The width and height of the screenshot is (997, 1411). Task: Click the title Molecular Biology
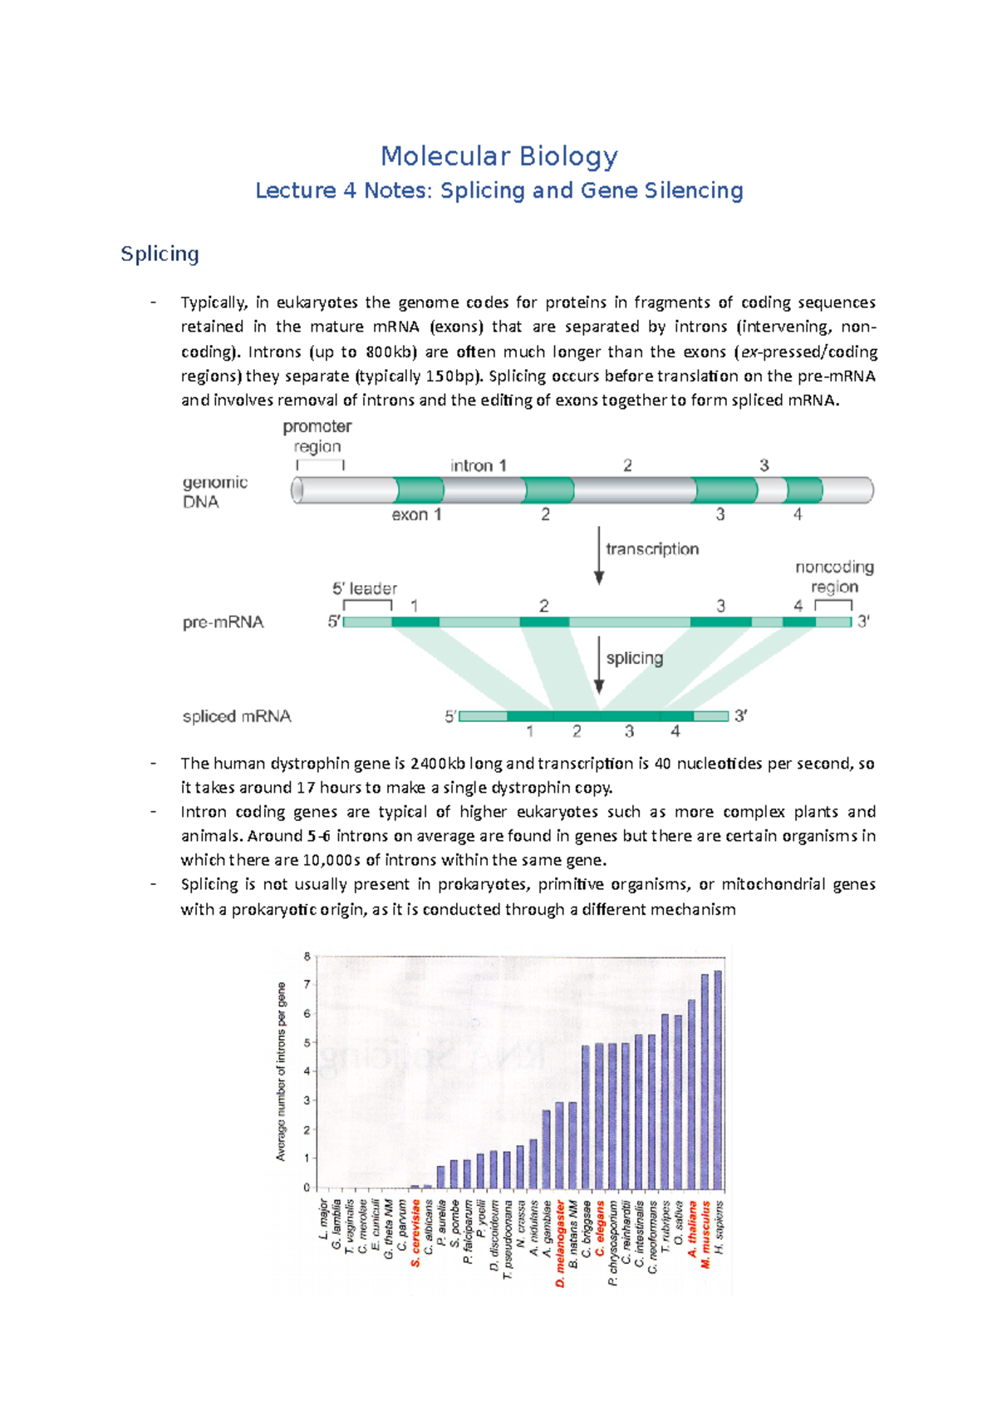pyautogui.click(x=498, y=156)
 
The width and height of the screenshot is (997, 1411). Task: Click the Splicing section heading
pyautogui.click(x=160, y=253)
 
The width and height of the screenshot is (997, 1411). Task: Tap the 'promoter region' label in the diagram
pyautogui.click(x=317, y=436)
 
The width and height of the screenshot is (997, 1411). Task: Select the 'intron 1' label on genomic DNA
pyautogui.click(x=478, y=465)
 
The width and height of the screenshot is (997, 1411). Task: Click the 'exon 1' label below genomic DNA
pyautogui.click(x=416, y=515)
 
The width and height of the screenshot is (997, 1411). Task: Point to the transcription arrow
pyautogui.click(x=599, y=555)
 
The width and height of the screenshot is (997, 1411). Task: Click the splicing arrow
pyautogui.click(x=599, y=665)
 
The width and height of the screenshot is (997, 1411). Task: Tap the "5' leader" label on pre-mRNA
pyautogui.click(x=365, y=588)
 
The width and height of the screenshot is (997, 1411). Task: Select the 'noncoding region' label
pyautogui.click(x=834, y=577)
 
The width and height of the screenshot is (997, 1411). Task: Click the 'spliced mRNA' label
pyautogui.click(x=237, y=716)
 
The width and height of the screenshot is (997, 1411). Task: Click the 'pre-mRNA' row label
pyautogui.click(x=223, y=622)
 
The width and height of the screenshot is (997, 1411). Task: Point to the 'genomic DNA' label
pyautogui.click(x=214, y=492)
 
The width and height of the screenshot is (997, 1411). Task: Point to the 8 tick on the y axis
pyautogui.click(x=307, y=956)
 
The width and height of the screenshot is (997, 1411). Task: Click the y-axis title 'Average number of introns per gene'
pyautogui.click(x=281, y=1072)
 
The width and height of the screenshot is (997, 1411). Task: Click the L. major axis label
pyautogui.click(x=323, y=1218)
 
